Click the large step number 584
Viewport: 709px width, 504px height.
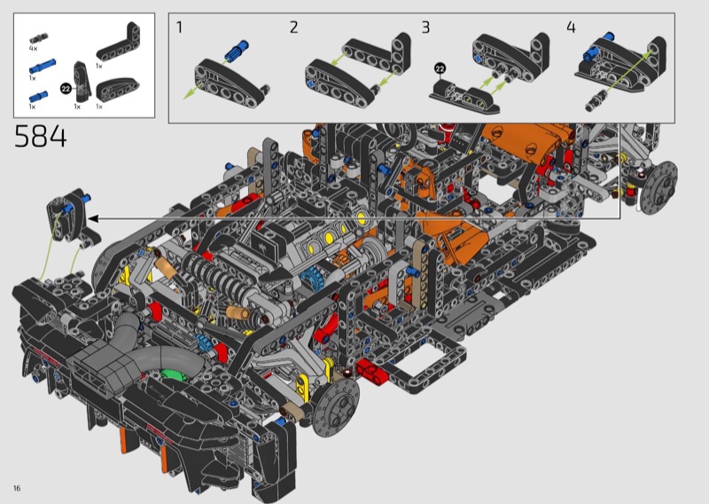[x=41, y=137]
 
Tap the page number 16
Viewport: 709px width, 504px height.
[x=17, y=488]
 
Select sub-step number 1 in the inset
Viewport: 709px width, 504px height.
[x=180, y=28]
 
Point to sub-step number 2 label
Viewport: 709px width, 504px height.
[x=294, y=28]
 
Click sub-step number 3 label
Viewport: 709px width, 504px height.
[x=425, y=28]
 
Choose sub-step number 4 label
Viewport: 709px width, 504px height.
[x=571, y=28]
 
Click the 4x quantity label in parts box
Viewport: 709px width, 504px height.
[x=33, y=48]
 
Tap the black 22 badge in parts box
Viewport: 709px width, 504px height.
[x=66, y=89]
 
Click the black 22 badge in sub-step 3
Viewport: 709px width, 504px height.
[x=440, y=69]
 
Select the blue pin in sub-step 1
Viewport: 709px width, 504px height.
[x=237, y=51]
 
